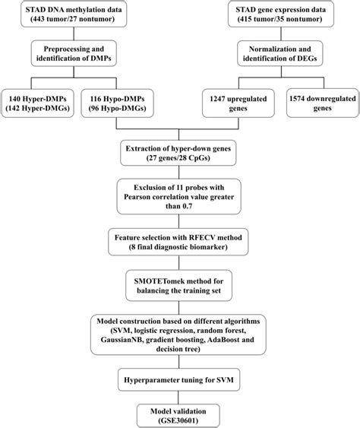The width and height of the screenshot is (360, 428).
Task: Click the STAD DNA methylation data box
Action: [x=70, y=17]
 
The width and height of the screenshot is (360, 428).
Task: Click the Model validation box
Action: [x=180, y=414]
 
